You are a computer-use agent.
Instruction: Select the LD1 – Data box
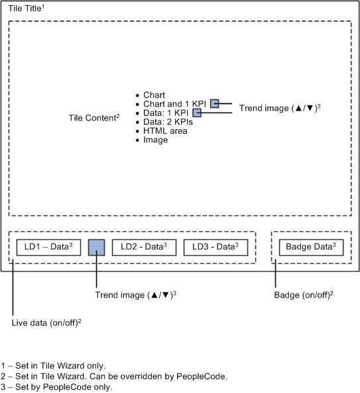click(x=48, y=247)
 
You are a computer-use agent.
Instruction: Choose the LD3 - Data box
click(x=215, y=247)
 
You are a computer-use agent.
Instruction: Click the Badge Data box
click(x=311, y=247)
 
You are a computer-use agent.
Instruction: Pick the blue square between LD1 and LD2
click(x=97, y=248)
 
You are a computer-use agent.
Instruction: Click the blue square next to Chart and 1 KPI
click(x=214, y=103)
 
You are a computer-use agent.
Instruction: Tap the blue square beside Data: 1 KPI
click(x=196, y=113)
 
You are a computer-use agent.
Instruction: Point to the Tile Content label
click(x=94, y=117)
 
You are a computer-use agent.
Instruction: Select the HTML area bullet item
click(x=165, y=131)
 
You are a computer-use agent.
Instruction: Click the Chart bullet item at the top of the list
click(x=154, y=95)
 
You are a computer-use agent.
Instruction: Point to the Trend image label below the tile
click(x=136, y=294)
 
